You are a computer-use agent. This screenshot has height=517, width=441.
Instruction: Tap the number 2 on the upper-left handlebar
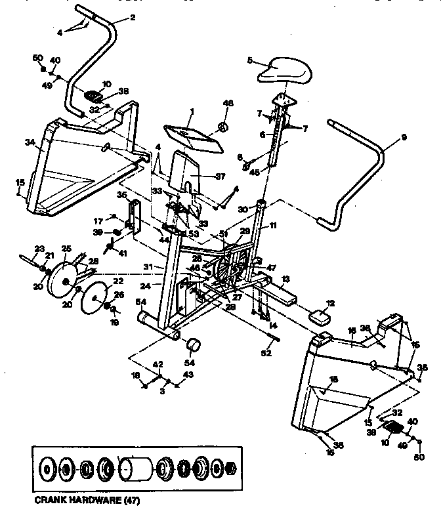click(133, 18)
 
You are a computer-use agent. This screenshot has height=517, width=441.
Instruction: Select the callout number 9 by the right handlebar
click(404, 137)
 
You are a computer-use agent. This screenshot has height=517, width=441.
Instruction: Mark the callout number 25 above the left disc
click(66, 249)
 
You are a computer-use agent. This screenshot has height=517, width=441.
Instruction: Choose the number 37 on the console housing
click(220, 176)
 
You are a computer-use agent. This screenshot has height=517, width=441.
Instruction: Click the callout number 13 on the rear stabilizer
click(284, 279)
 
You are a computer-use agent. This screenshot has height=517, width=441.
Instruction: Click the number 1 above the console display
click(192, 111)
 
